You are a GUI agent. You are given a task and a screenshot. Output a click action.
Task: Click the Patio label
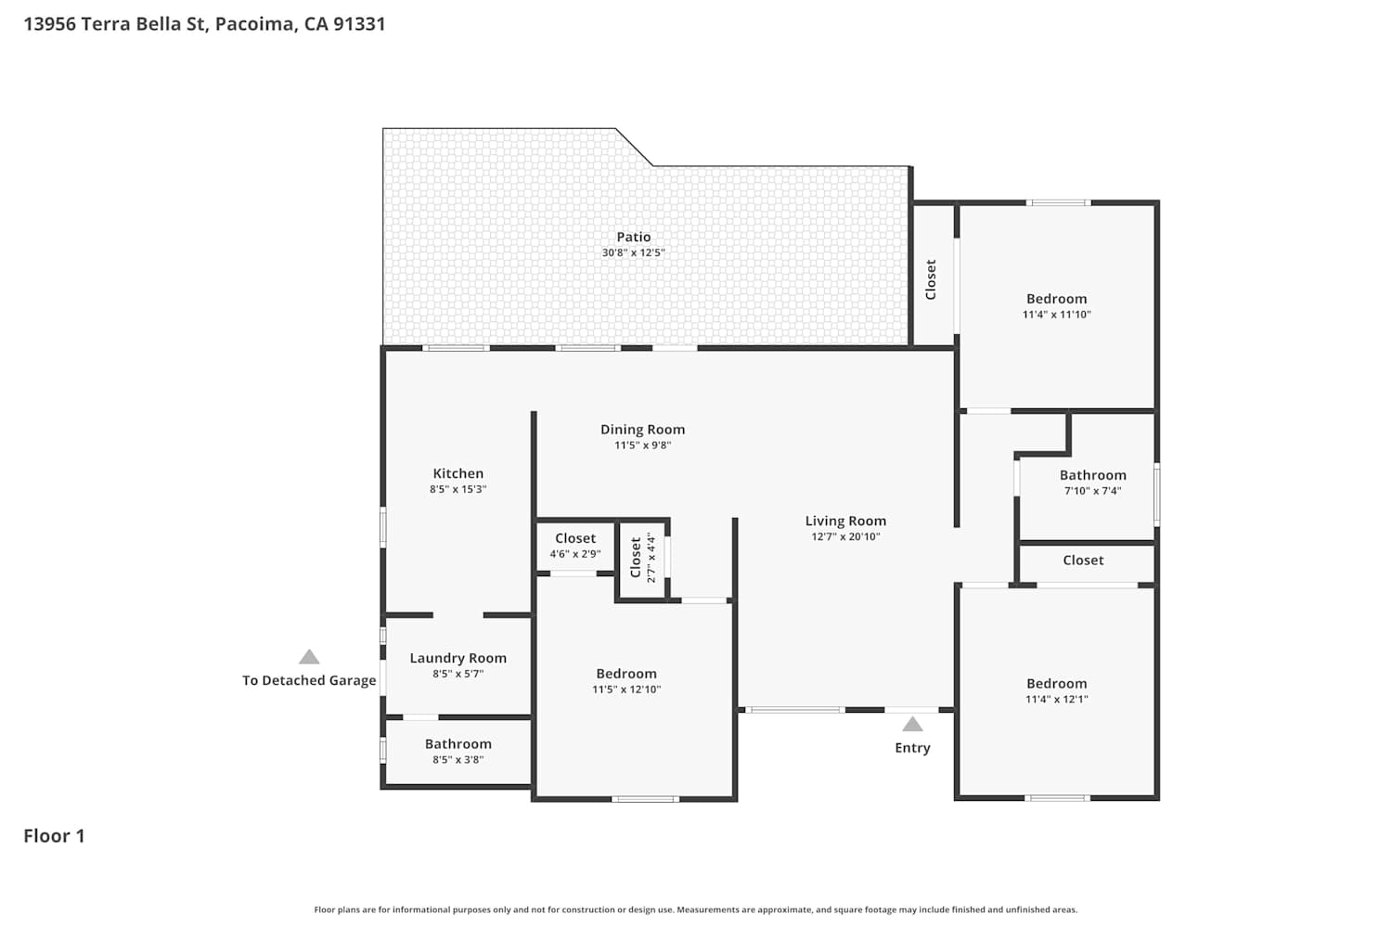pyautogui.click(x=633, y=237)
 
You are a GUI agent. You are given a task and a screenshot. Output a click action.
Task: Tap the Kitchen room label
pyautogui.click(x=458, y=473)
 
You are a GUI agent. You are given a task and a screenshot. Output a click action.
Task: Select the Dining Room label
pyautogui.click(x=642, y=430)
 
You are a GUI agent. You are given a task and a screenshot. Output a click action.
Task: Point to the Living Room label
pyautogui.click(x=845, y=521)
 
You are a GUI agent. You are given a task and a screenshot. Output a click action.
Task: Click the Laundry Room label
pyautogui.click(x=458, y=658)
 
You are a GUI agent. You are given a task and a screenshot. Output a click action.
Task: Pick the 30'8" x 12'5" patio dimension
pyautogui.click(x=633, y=252)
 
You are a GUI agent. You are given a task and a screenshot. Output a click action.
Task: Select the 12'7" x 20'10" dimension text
pyautogui.click(x=845, y=536)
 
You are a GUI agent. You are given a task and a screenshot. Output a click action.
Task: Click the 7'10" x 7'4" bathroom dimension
pyautogui.click(x=1092, y=490)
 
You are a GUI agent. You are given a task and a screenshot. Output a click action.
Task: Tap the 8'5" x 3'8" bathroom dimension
pyautogui.click(x=458, y=759)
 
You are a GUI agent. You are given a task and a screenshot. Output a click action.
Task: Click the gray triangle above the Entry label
pyautogui.click(x=912, y=725)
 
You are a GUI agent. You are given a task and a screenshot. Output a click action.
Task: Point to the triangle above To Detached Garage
pyautogui.click(x=309, y=658)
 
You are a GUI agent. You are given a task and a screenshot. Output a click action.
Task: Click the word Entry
pyautogui.click(x=912, y=748)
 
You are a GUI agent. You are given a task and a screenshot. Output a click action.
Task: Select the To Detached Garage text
pyautogui.click(x=309, y=680)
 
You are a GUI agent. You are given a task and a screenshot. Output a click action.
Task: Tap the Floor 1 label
pyautogui.click(x=54, y=836)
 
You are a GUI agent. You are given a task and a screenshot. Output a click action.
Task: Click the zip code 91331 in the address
pyautogui.click(x=359, y=23)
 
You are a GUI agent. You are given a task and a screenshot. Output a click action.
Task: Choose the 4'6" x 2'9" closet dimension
pyautogui.click(x=574, y=554)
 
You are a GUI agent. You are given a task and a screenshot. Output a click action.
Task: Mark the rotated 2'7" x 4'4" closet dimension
pyautogui.click(x=651, y=557)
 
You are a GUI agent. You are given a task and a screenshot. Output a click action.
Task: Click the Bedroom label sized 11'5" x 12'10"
pyautogui.click(x=626, y=674)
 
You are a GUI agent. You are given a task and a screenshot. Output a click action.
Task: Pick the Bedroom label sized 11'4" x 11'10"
pyautogui.click(x=1056, y=299)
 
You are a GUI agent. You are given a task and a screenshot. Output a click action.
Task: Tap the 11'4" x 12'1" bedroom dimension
pyautogui.click(x=1056, y=700)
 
